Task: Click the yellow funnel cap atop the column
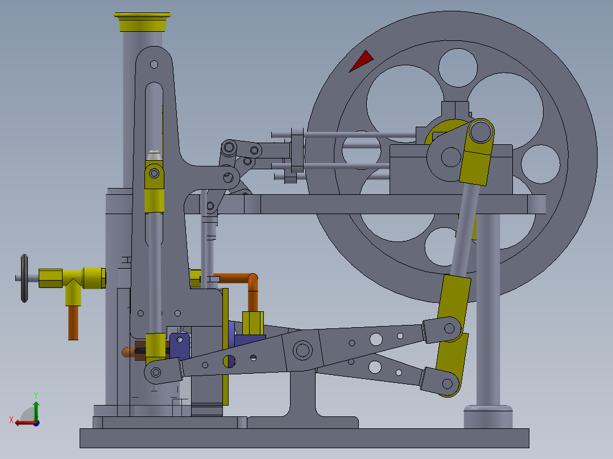[x=142, y=23]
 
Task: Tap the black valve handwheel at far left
[x=24, y=278]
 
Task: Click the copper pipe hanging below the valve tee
[x=73, y=322]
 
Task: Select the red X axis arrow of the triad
[x=23, y=422]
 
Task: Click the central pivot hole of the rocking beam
[x=303, y=350]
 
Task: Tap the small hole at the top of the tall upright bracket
[x=154, y=64]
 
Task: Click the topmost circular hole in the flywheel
[x=457, y=67]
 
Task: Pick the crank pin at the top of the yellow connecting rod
[x=481, y=132]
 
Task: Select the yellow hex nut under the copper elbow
[x=252, y=323]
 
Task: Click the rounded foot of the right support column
[x=488, y=416]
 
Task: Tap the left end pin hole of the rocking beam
[x=155, y=373]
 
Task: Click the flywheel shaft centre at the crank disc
[x=451, y=156]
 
